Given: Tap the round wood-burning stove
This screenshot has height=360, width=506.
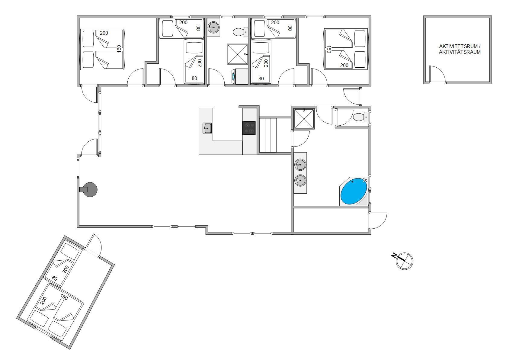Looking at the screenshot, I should pyautogui.click(x=90, y=190).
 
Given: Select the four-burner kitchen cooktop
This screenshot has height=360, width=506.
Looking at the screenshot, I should pyautogui.click(x=249, y=128).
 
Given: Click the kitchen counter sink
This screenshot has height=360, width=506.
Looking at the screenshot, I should pyautogui.click(x=207, y=128).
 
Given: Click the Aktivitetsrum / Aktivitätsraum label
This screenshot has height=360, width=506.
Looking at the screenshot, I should pyautogui.click(x=459, y=49).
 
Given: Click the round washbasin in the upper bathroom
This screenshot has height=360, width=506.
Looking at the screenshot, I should pyautogui.click(x=213, y=27).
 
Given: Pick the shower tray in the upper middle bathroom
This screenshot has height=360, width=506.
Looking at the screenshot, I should pyautogui.click(x=237, y=54).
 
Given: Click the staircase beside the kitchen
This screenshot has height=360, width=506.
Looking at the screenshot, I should pyautogui.click(x=268, y=135).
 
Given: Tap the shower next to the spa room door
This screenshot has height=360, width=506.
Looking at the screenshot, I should pyautogui.click(x=304, y=118).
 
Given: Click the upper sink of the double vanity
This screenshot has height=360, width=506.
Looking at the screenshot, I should pyautogui.click(x=300, y=165).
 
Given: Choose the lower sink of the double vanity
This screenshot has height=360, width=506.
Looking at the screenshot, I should pyautogui.click(x=300, y=180).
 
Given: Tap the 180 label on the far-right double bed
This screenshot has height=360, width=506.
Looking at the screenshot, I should pyautogui.click(x=329, y=49).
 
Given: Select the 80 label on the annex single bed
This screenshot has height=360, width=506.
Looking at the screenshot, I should pyautogui.click(x=55, y=278).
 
